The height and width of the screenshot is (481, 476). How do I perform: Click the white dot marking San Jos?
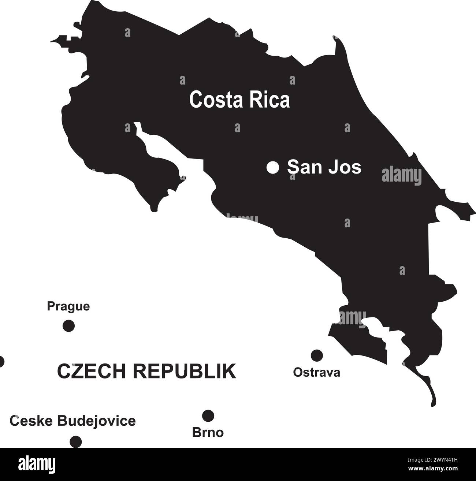click(x=273, y=168)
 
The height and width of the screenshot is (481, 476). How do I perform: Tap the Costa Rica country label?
click(x=239, y=100)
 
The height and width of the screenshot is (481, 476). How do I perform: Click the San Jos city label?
click(x=324, y=167)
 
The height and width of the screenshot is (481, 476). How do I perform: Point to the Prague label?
click(x=68, y=306)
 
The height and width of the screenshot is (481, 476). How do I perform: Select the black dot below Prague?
click(x=68, y=325)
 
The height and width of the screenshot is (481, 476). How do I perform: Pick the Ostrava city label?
click(x=317, y=373)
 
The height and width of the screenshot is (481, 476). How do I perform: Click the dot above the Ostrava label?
click(x=317, y=355)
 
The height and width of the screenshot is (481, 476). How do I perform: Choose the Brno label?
click(x=208, y=433)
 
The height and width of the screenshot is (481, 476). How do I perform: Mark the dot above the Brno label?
click(x=208, y=415)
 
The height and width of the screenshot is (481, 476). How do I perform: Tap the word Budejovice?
click(x=96, y=421)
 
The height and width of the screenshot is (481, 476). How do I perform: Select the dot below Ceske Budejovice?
click(x=75, y=441)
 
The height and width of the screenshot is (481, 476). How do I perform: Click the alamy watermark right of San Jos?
click(x=402, y=176)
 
